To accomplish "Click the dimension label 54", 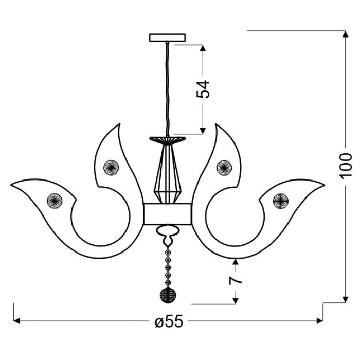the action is tap(203, 89).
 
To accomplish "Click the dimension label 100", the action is tap(345, 165).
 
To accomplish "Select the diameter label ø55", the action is tap(169, 321).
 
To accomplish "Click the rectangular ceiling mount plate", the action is tap(167, 38).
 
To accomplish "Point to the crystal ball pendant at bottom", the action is tap(168, 295).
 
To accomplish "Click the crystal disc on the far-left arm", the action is tap(55, 201).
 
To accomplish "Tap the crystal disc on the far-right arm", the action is tap(281, 201).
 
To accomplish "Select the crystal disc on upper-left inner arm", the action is tap(111, 167).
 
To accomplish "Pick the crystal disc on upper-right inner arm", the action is tap(224, 167).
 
